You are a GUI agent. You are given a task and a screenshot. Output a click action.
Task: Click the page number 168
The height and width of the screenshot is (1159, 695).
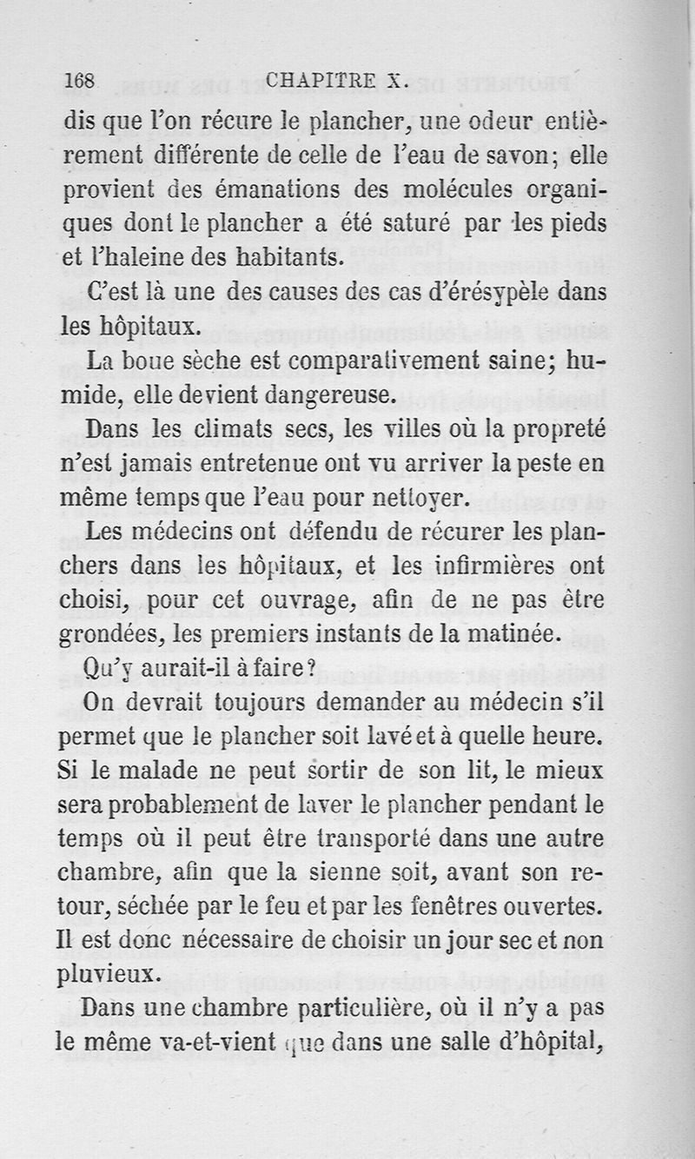click(80, 80)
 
